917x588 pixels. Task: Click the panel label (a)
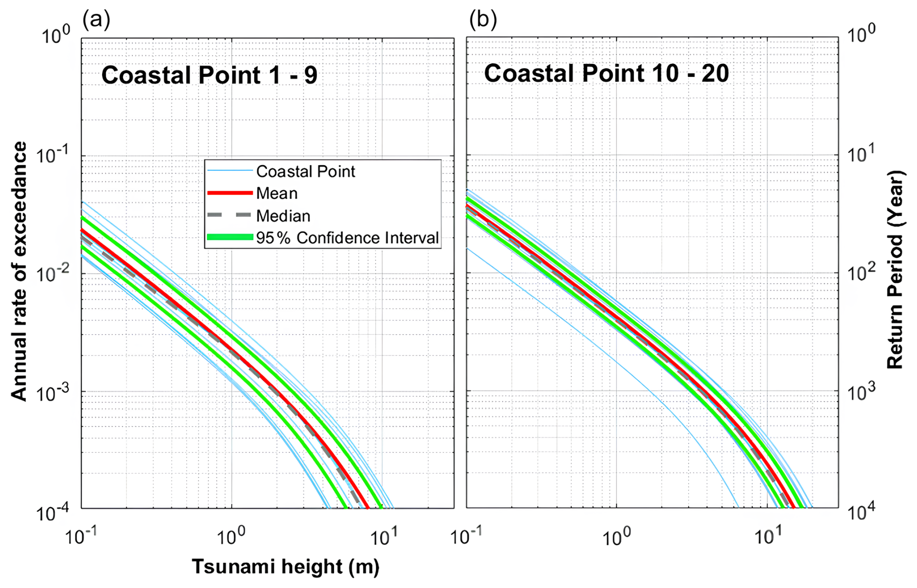[96, 19]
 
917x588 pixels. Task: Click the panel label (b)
[483, 19]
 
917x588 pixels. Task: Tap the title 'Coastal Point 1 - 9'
[209, 76]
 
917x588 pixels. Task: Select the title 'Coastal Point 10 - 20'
[606, 74]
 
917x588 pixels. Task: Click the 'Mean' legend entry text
[277, 193]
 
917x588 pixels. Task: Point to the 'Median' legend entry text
[283, 216]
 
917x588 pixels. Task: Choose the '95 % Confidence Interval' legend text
[348, 238]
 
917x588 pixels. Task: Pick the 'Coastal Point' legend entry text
[305, 171]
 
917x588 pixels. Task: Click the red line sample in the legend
[230, 193]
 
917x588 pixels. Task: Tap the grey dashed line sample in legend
[230, 216]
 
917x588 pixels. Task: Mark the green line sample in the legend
[230, 237]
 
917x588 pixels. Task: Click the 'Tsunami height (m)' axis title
[285, 566]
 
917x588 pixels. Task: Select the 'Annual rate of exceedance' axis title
[19, 271]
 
